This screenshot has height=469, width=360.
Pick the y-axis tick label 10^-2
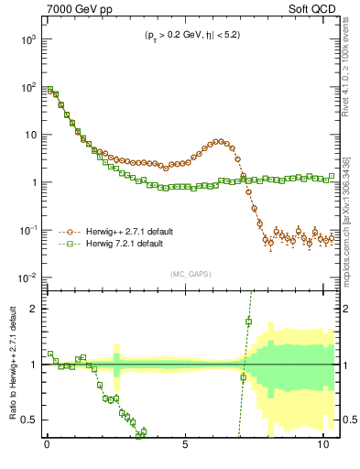coord(27,278)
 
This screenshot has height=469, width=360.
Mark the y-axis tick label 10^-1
coord(27,230)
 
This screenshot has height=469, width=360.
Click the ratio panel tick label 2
coord(33,308)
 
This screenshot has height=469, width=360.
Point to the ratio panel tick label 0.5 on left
coord(29,420)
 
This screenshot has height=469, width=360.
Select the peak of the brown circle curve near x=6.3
coord(220,141)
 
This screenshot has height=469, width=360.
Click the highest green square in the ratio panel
coord(248,321)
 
